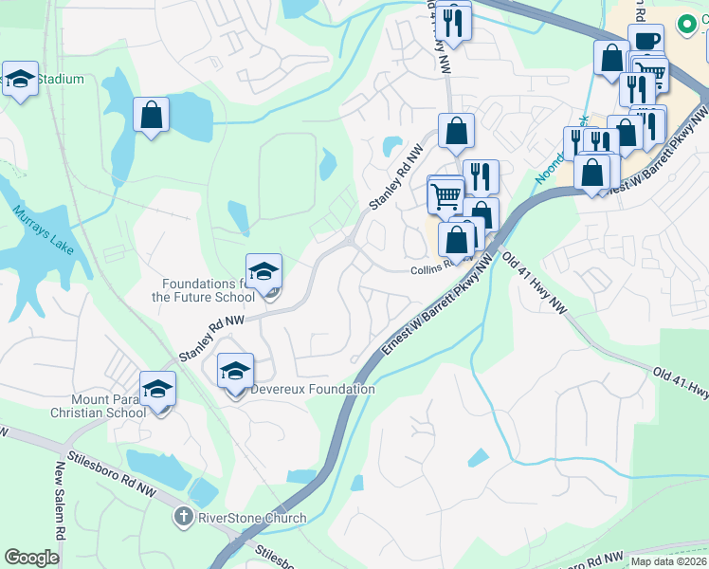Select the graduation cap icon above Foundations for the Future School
tap(264, 272)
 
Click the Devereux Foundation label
tap(313, 389)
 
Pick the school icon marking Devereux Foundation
tap(236, 371)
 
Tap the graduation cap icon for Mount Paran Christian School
tap(157, 389)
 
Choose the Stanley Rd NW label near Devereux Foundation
tap(211, 340)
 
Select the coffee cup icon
tap(645, 41)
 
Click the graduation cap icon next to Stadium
tap(20, 80)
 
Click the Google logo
tap(31, 558)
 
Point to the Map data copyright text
tap(668, 561)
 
